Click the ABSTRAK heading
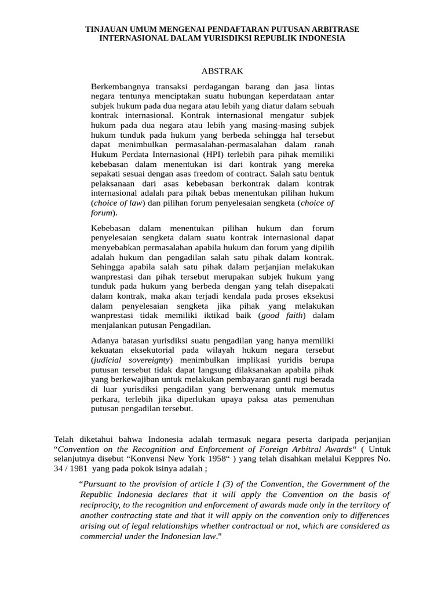[x=222, y=71]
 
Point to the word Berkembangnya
[x=119, y=87]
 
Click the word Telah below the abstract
[x=64, y=438]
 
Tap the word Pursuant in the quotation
[x=100, y=484]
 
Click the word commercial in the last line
[x=100, y=536]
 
